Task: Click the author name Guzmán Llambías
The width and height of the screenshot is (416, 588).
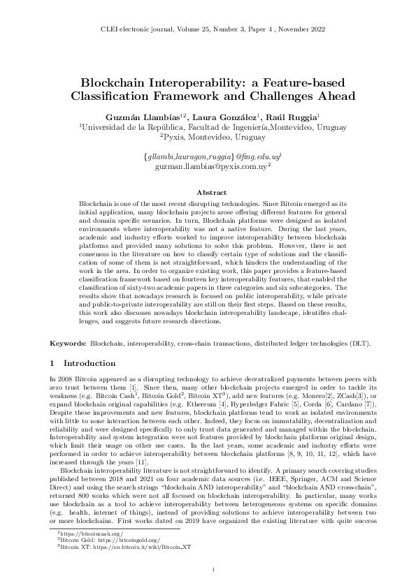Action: coord(141,115)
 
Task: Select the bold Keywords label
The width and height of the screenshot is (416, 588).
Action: coord(69,344)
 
